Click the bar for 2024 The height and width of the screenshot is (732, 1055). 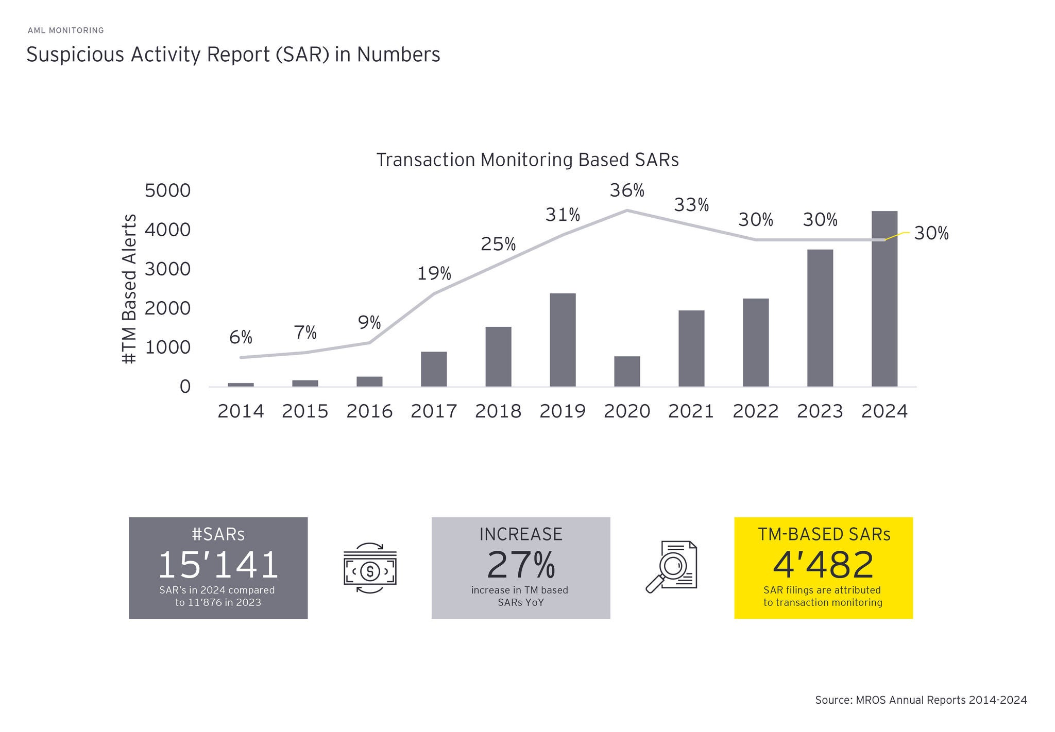(884, 299)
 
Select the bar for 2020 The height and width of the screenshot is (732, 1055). (627, 371)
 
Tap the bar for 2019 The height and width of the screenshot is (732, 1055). (563, 340)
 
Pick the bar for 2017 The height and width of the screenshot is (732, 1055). (434, 369)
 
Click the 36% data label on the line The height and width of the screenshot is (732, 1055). (627, 191)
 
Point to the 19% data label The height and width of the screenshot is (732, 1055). (434, 274)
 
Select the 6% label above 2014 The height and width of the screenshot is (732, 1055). (241, 338)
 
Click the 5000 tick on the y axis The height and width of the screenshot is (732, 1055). (168, 191)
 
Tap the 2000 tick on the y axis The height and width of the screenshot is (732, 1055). (168, 308)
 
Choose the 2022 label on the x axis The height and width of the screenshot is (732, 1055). (756, 411)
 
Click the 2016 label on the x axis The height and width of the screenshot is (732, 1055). (369, 411)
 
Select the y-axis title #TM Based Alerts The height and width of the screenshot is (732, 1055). (130, 289)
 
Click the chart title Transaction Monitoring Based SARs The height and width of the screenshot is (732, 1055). (527, 160)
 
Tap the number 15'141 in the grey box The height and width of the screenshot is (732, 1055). (218, 565)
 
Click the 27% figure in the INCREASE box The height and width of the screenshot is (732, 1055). (521, 565)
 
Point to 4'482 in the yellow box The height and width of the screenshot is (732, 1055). (823, 565)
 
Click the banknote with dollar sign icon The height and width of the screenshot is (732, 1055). (370, 568)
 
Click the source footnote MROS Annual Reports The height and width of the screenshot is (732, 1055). (921, 700)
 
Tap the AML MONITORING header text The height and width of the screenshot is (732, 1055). (66, 30)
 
